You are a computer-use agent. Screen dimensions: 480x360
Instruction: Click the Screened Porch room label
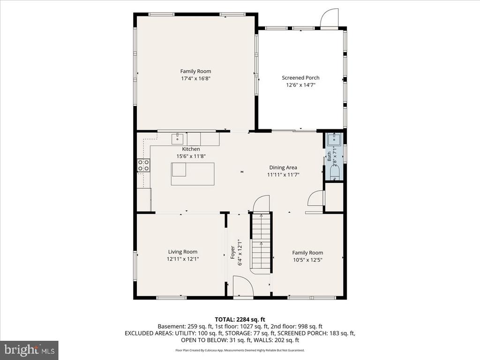point(300,78)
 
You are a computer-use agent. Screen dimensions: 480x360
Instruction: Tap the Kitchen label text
point(191,149)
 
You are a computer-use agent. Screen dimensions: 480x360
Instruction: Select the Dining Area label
point(283,167)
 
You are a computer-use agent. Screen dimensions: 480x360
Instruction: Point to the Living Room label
point(183,252)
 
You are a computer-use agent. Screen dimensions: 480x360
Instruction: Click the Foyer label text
point(232,252)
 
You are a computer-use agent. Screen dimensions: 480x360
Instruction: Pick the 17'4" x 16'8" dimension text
point(195,78)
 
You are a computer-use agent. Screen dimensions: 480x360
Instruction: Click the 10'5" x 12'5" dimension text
point(307,260)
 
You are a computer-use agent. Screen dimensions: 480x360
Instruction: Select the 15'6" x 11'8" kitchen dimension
point(191,156)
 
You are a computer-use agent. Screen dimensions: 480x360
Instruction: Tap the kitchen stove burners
point(143,165)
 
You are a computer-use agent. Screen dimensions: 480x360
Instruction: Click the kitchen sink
point(177,139)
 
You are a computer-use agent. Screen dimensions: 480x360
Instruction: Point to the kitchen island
point(193,174)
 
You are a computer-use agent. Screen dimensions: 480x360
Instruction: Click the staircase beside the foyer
point(261,242)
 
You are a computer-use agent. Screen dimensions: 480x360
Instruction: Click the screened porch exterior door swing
point(330,18)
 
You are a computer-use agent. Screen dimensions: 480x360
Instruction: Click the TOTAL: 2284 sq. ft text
point(240,320)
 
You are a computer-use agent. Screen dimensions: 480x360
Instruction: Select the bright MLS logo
point(30,349)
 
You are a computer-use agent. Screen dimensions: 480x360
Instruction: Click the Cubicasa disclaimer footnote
point(240,350)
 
